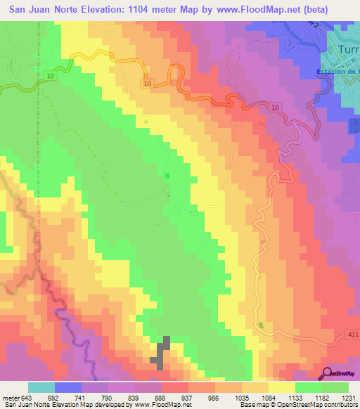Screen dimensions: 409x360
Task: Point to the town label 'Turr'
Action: (348, 50)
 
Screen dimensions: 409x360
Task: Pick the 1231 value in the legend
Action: (349, 398)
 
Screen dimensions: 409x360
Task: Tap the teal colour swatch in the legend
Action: (41, 387)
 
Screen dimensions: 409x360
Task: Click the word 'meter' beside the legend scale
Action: (10, 398)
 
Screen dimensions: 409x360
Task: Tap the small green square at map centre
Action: (167, 176)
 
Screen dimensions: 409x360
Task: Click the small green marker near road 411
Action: (262, 325)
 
